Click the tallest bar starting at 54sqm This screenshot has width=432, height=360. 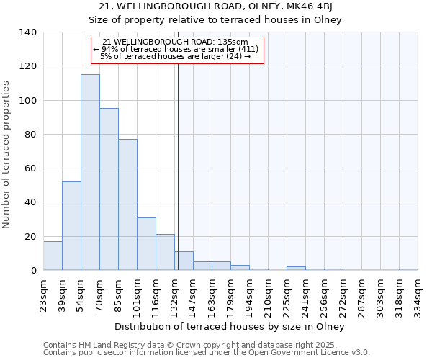pos(90,173)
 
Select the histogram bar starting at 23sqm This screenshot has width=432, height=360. pos(53,256)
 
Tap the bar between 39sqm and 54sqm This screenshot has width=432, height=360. pos(71,226)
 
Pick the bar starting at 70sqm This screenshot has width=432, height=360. pos(109,189)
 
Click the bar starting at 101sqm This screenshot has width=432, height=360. pos(146,244)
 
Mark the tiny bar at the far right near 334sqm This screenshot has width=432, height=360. pos(408,269)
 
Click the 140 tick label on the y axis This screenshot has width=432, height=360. pos(28,32)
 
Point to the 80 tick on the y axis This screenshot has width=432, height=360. pos(31,135)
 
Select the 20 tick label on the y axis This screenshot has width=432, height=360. pos(31,236)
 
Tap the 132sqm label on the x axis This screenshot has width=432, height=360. pos(174,295)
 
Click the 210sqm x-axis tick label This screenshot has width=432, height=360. pos(268,295)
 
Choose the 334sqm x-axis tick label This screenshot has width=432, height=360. pos(418,295)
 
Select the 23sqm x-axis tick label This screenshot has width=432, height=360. pos(43,295)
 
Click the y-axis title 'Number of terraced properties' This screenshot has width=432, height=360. pos(6,155)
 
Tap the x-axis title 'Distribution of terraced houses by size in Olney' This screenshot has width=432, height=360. pos(230,326)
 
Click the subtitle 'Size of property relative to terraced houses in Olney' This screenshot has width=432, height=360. pos(215,20)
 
